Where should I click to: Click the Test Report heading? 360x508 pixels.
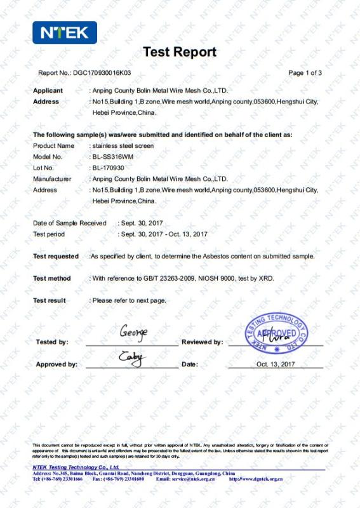(180, 52)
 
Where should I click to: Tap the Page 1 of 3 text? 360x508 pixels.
(305, 73)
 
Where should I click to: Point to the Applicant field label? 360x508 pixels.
(48, 91)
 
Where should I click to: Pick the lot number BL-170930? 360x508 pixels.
(108, 168)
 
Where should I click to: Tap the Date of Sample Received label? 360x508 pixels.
(69, 224)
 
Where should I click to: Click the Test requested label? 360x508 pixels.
(56, 257)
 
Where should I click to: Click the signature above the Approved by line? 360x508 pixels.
(132, 358)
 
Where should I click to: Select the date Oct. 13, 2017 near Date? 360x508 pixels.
(276, 364)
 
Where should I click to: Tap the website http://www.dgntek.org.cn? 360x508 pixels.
(255, 479)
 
